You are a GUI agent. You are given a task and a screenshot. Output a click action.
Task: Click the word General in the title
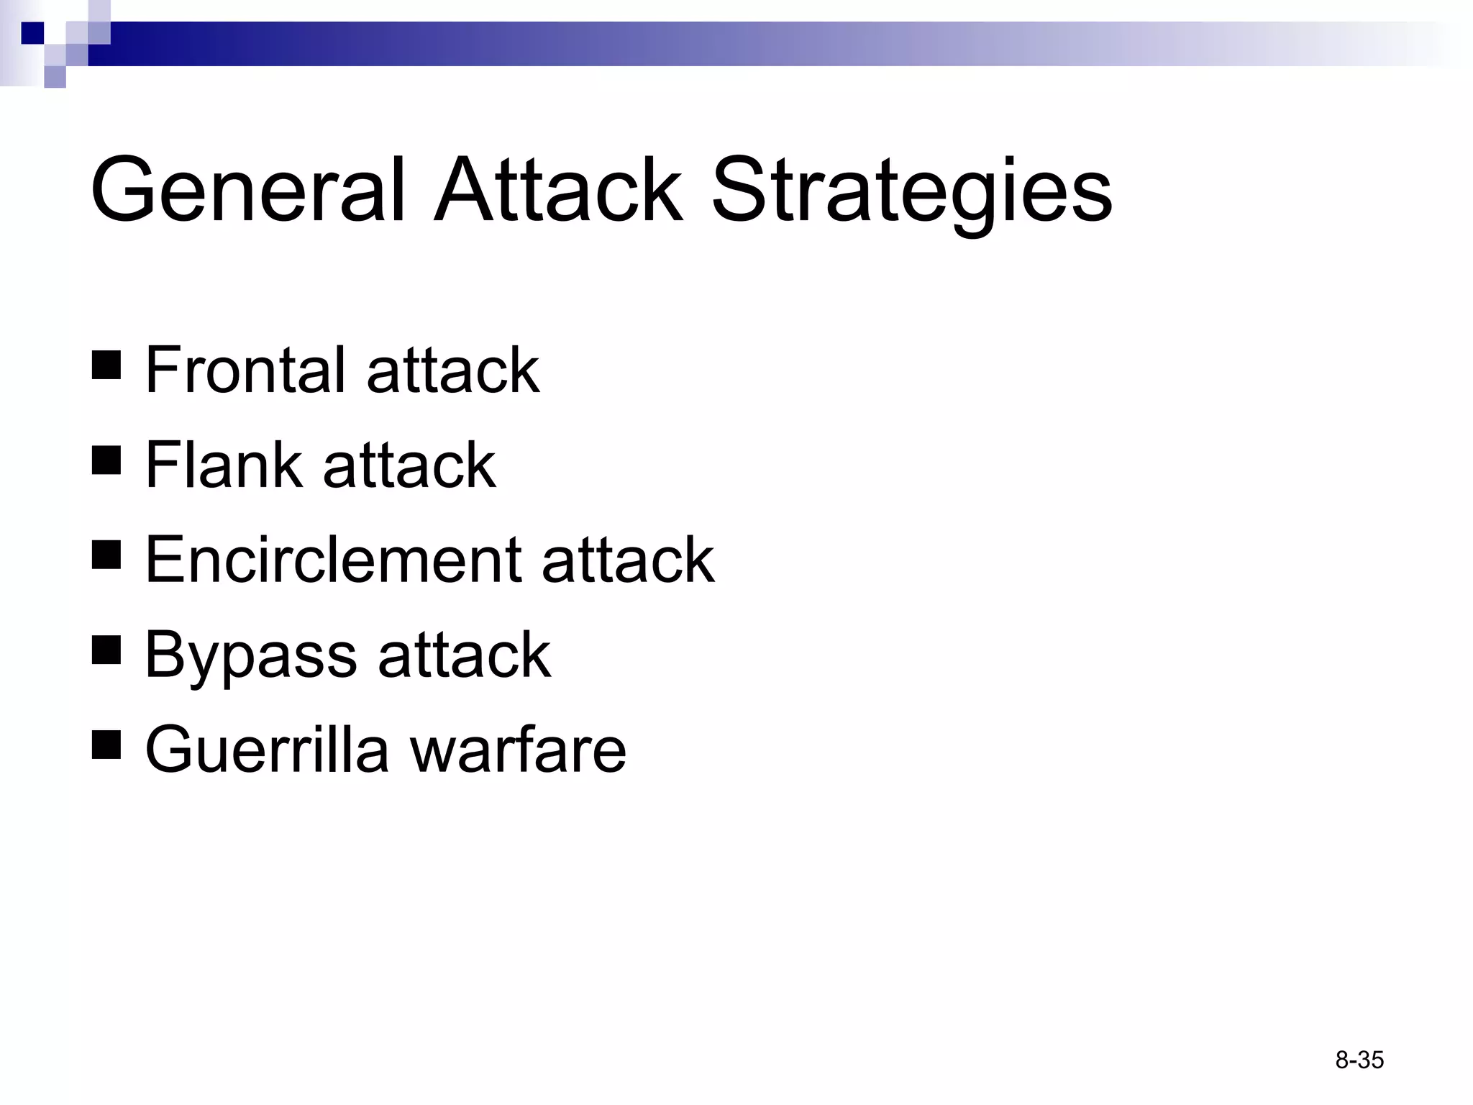[248, 191]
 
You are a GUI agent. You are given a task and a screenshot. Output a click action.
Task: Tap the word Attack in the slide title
[557, 191]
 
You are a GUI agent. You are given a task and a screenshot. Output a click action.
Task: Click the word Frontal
[245, 370]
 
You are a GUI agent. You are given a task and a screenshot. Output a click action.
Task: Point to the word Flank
[223, 465]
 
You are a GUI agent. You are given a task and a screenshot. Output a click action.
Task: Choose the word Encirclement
[333, 560]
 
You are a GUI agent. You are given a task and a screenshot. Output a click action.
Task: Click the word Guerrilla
[266, 750]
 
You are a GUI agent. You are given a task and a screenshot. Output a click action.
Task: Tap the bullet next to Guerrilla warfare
[106, 745]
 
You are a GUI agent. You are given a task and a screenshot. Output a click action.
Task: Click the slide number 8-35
[1359, 1060]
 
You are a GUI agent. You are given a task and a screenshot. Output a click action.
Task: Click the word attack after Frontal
[452, 370]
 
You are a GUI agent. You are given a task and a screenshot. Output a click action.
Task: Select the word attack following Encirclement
[628, 560]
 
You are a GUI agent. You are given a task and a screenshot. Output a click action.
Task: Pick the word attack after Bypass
[464, 655]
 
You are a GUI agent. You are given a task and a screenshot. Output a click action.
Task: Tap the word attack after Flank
[409, 465]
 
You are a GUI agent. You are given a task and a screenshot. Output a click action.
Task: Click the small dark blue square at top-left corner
[33, 33]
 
